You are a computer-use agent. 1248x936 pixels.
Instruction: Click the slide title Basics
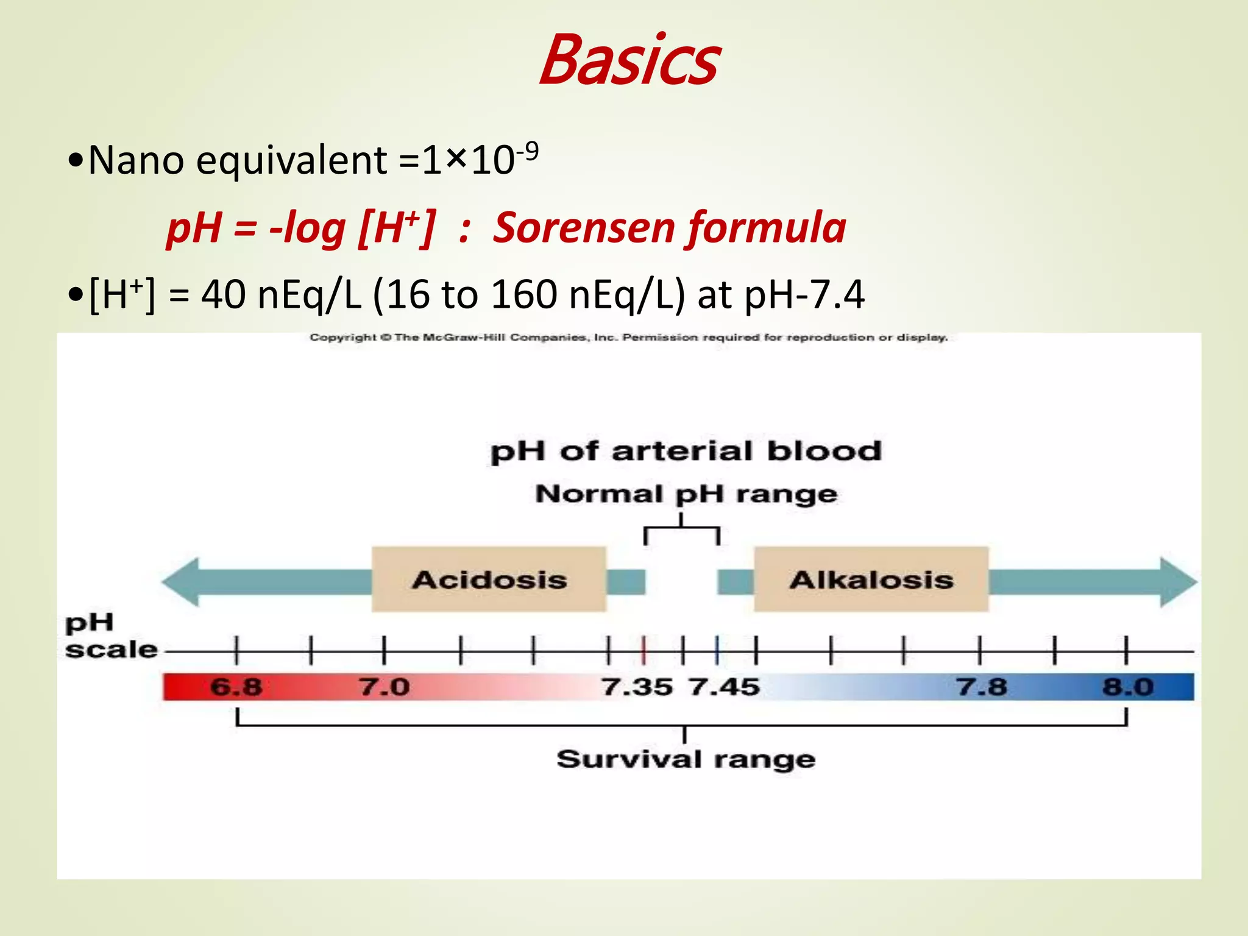coord(629,61)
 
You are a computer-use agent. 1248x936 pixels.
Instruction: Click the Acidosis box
coord(489,580)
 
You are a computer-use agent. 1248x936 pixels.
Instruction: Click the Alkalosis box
coord(871,580)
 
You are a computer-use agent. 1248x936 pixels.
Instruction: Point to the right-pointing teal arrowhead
coord(1177,582)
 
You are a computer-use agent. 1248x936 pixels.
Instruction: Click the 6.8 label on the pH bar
coord(236,687)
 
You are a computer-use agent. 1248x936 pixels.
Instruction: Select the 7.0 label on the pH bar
coord(384,687)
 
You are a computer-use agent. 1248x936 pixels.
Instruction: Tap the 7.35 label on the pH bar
coord(637,687)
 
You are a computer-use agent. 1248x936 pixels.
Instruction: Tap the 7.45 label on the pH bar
coord(725,687)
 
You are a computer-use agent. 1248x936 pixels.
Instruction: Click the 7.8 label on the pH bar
coord(981,687)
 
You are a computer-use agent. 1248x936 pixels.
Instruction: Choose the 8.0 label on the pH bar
coord(1128,687)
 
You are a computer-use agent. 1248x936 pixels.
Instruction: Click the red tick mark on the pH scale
coord(643,650)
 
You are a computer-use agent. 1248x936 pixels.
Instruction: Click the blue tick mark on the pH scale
coord(717,650)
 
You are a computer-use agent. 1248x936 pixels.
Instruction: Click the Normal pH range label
coord(686,494)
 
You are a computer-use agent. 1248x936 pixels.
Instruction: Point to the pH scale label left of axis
coord(110,637)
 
